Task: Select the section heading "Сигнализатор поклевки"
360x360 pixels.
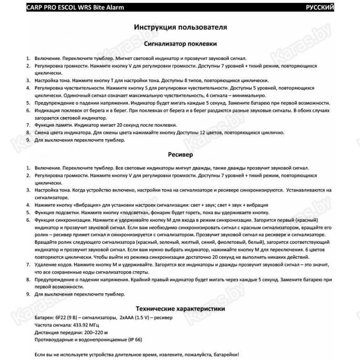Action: [180, 43]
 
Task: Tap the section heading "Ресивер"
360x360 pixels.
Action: [180, 155]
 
